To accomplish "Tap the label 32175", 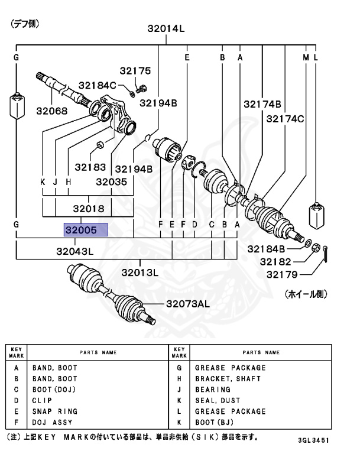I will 135,70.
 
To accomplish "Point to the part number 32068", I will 51,111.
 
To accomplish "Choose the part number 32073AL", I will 187,304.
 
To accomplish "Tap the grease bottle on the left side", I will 16,106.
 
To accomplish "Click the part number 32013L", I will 157,273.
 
